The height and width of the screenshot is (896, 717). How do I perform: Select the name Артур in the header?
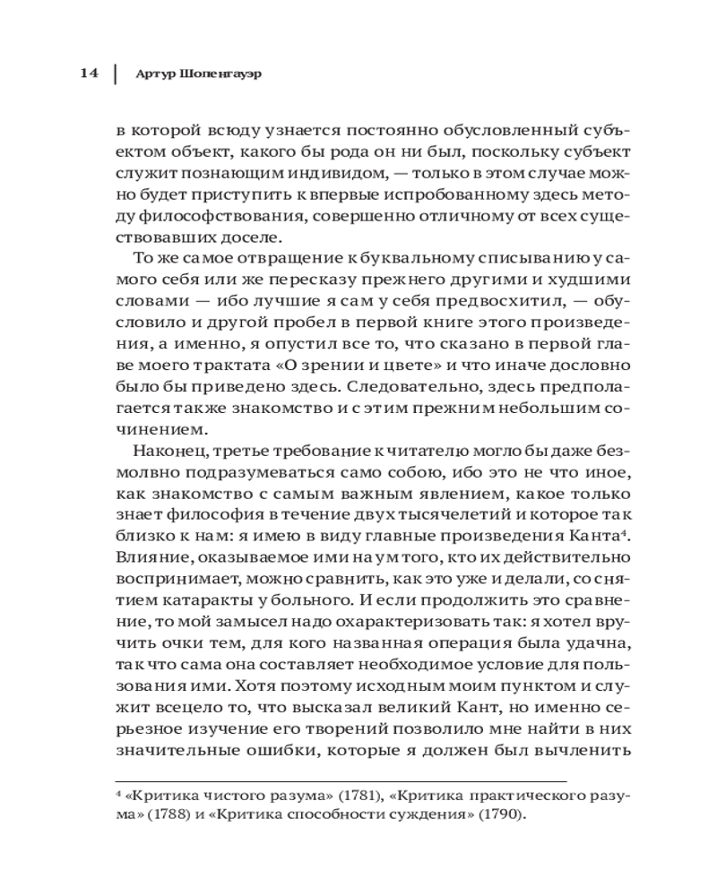(x=153, y=73)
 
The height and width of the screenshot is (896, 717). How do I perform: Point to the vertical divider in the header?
(x=114, y=73)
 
